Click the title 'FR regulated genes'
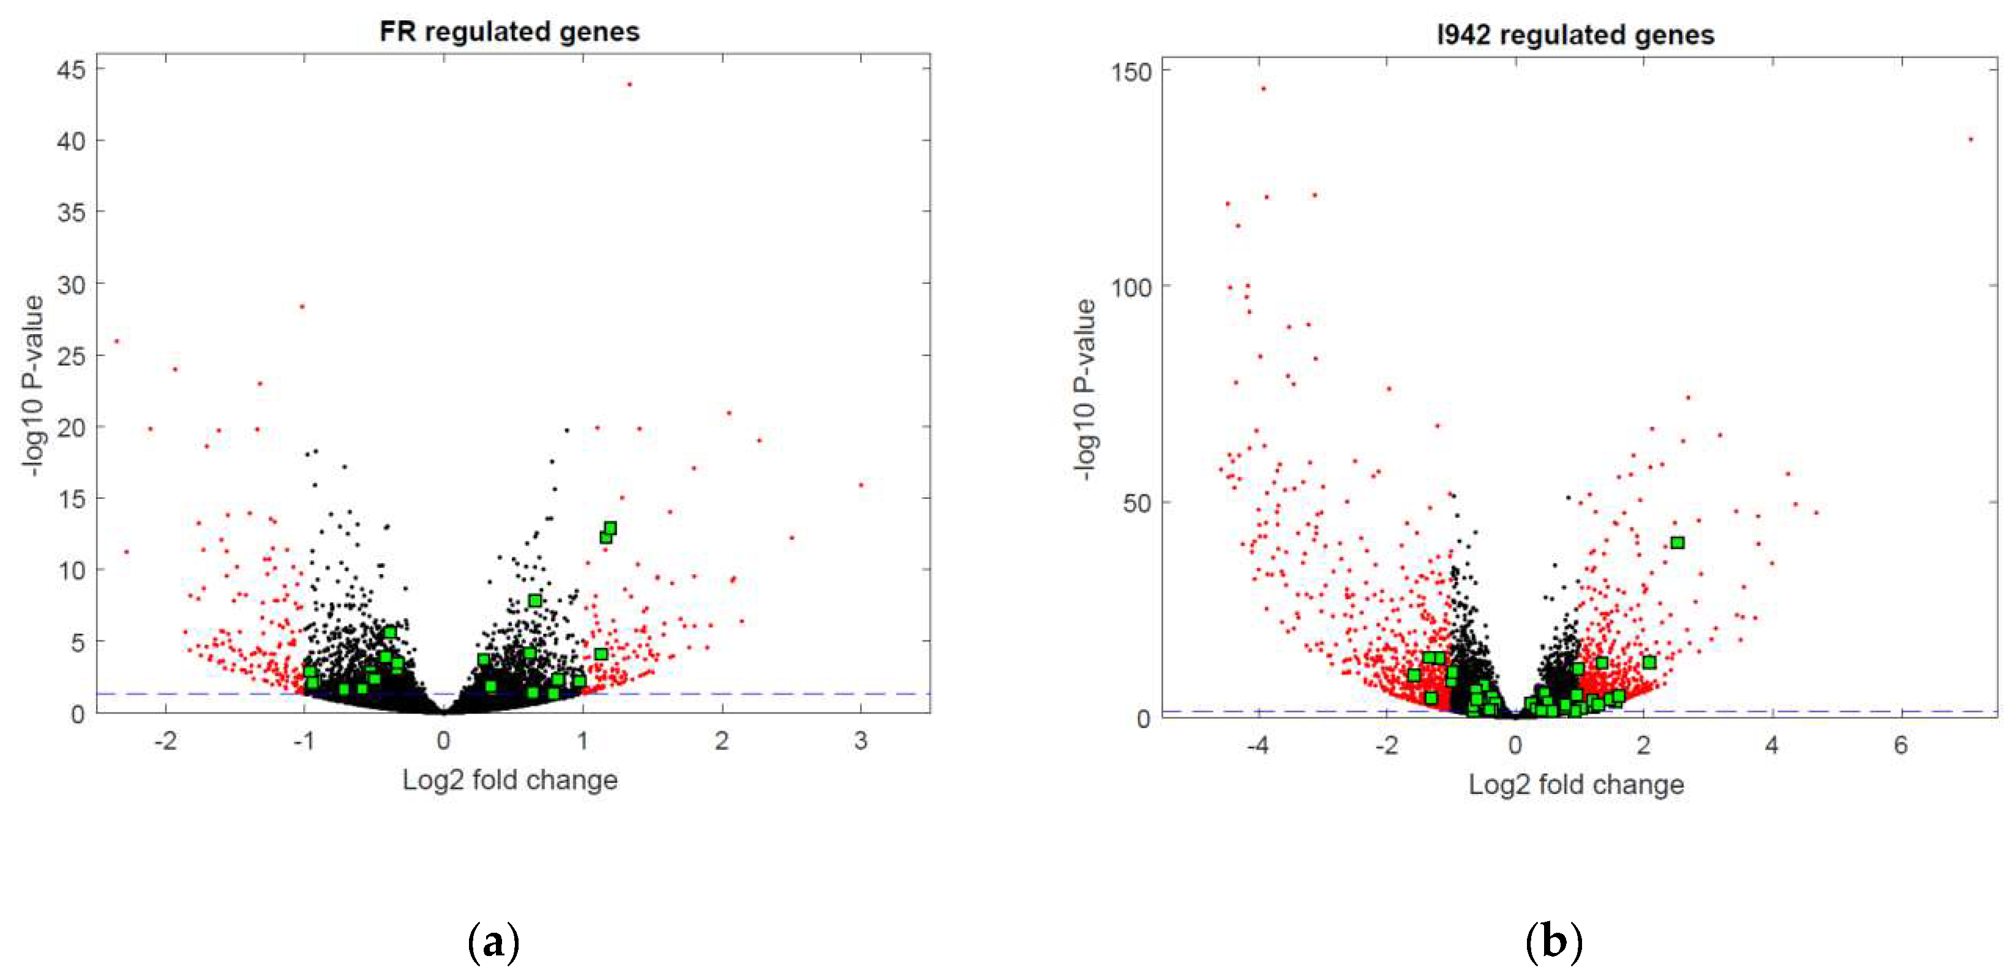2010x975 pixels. [509, 32]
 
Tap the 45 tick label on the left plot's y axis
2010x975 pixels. [71, 70]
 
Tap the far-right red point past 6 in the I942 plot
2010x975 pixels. [1970, 140]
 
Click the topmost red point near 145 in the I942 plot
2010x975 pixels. [1263, 89]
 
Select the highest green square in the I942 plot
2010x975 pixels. [1677, 543]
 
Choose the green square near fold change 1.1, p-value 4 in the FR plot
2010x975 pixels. [601, 654]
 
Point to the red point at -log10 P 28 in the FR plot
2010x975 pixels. [302, 307]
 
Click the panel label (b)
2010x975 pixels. [1553, 941]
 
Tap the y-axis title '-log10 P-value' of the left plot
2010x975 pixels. [34, 386]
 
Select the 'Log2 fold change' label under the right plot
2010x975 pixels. [1575, 784]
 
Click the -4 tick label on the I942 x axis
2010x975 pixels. [1257, 745]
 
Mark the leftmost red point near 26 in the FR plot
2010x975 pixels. [117, 341]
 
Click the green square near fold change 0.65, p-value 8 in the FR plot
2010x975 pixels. [534, 600]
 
